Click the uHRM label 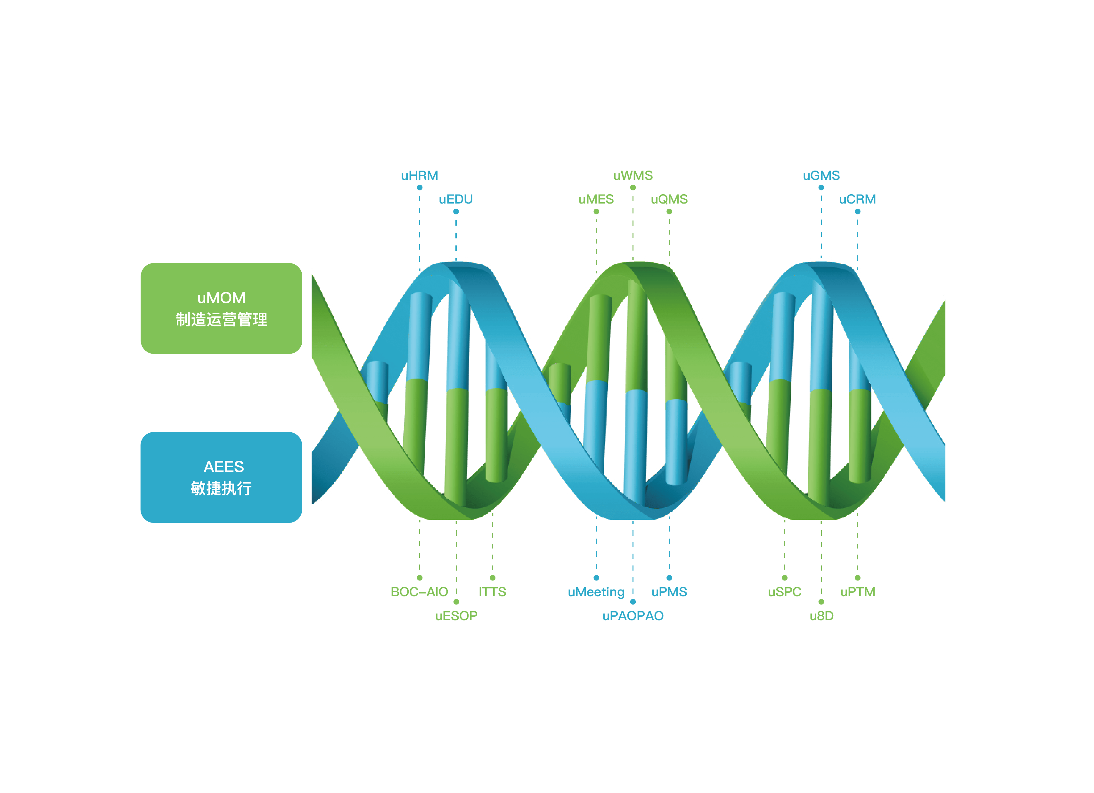(419, 175)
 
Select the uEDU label (455, 199)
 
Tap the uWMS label (633, 175)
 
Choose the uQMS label (669, 199)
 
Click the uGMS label (821, 175)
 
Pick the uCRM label (857, 199)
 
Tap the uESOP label (456, 616)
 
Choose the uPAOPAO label (633, 616)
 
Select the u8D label (821, 616)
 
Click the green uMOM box (221, 308)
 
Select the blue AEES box (221, 477)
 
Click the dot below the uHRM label (420, 188)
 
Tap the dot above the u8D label (821, 602)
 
